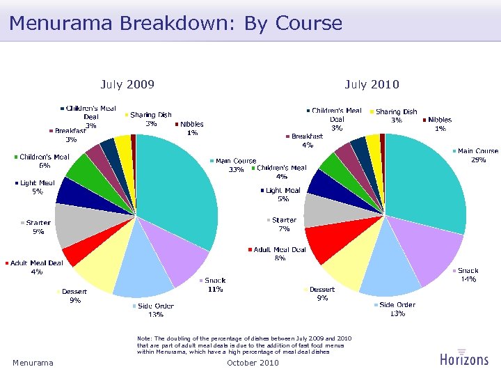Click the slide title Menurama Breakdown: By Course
coord(175,23)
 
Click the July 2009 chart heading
coord(127,85)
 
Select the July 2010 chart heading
coord(372,85)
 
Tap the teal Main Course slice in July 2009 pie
coord(177,188)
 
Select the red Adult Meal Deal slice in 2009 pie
coord(74,256)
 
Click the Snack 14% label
coord(468,274)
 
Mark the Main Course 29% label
coord(477,155)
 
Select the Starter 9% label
coord(38,227)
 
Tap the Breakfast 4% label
coord(307,141)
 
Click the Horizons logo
coord(464,358)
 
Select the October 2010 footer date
coord(253,363)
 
